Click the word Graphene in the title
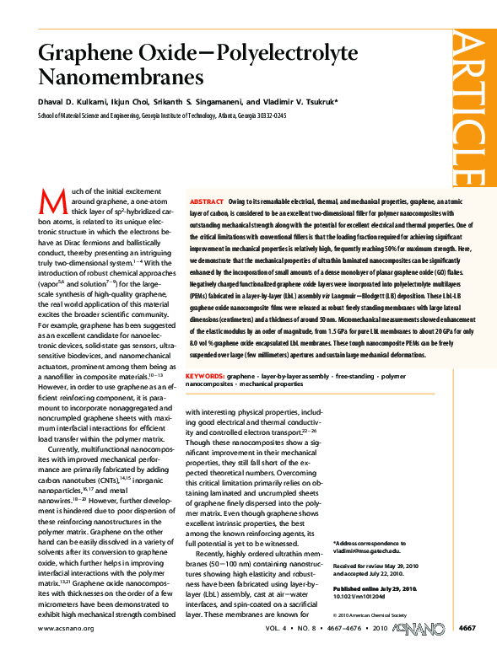80,54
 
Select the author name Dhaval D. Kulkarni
73,102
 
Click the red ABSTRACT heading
207,203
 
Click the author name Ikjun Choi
136,102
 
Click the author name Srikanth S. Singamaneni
203,102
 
